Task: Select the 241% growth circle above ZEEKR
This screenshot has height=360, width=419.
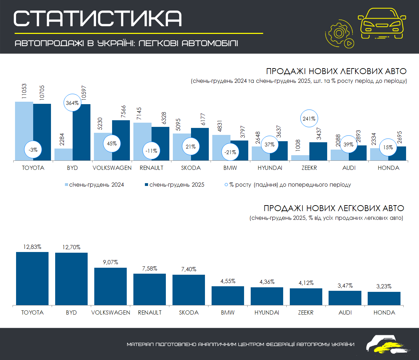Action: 309,119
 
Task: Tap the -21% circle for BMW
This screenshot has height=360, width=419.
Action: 230,152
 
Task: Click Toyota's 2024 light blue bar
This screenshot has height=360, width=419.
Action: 24,131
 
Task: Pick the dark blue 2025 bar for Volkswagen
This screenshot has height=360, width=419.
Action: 121,141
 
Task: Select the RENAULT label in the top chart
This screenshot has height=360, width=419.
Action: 151,168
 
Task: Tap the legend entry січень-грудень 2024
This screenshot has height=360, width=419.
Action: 94,185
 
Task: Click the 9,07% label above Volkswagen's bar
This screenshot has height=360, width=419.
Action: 110,262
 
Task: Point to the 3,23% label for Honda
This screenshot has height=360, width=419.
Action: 384,286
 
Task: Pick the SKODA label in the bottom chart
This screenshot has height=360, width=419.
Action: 189,312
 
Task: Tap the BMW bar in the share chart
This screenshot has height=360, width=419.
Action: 228,296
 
